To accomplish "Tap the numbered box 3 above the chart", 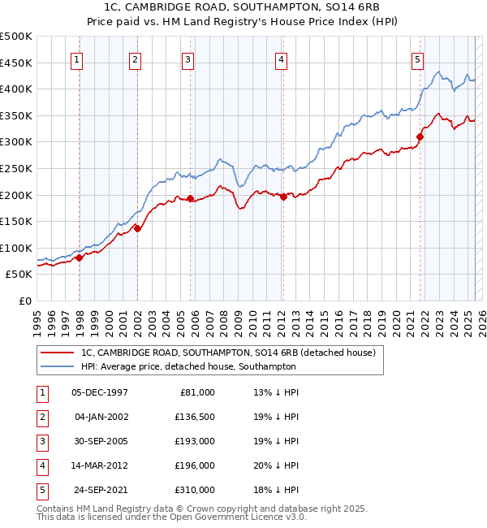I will click(x=188, y=58).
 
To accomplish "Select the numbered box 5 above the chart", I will click(x=416, y=58).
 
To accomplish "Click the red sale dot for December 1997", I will click(x=80, y=258).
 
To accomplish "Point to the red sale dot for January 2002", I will click(x=137, y=228).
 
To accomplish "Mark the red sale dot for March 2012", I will click(x=283, y=197).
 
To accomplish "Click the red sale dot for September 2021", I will click(x=420, y=136).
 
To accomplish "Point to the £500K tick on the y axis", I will click(x=17, y=37).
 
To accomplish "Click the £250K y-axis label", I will click(x=17, y=169).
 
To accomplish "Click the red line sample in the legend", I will click(x=57, y=353).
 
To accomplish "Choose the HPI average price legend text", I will click(x=188, y=366).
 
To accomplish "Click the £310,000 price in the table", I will click(x=195, y=490).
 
